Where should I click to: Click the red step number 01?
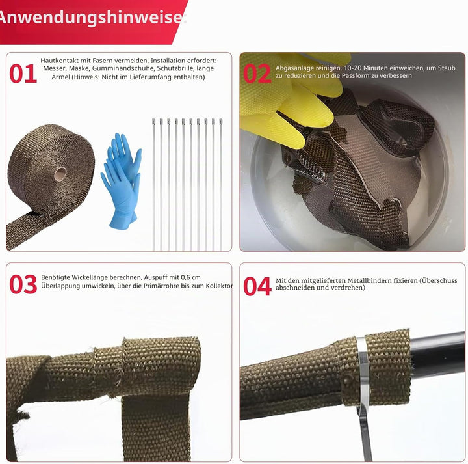[x=23, y=74]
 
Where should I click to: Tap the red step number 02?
[x=257, y=74]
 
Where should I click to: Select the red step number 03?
[x=23, y=284]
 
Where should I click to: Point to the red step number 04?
[x=257, y=286]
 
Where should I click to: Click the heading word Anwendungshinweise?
[x=90, y=18]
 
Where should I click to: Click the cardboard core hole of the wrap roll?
[x=60, y=174]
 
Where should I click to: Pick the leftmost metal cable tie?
[x=153, y=185]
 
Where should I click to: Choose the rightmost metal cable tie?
[x=221, y=185]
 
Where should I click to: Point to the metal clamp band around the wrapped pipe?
[x=363, y=374]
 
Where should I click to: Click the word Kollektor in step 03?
[x=219, y=286]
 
